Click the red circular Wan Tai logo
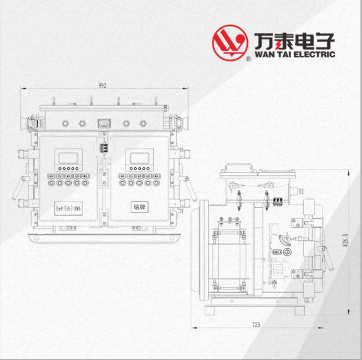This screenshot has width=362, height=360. click(230, 43)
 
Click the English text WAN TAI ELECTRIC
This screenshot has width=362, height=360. click(295, 55)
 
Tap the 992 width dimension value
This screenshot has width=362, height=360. click(102, 86)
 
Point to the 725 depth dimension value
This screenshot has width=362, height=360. click(256, 324)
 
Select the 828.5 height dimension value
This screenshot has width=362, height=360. click(346, 240)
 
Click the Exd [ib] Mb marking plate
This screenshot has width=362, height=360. click(68, 209)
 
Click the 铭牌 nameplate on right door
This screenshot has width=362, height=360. click(140, 207)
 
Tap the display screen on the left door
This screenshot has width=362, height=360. click(68, 158)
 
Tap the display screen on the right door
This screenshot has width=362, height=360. click(140, 158)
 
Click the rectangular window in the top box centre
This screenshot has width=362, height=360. click(104, 124)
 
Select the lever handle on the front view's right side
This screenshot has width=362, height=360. click(190, 188)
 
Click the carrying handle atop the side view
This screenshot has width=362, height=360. click(239, 167)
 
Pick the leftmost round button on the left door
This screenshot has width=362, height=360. click(51, 183)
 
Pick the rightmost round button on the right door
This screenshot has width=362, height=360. click(156, 183)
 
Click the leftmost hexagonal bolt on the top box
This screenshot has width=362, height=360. click(65, 123)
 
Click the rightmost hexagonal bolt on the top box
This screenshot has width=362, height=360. click(143, 123)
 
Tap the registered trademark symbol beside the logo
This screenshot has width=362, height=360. click(248, 59)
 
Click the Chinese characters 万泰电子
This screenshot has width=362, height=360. click(295, 41)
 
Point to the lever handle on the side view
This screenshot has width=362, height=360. click(327, 257)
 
